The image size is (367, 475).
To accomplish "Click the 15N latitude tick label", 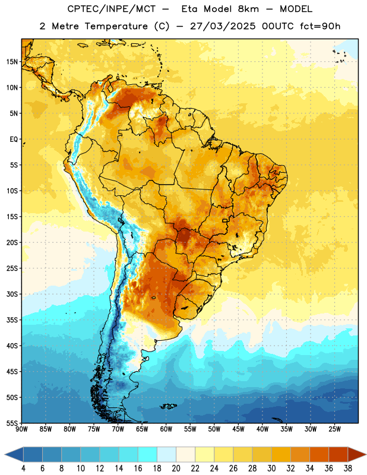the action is click(12, 62).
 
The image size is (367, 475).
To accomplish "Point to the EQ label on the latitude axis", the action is click(14, 140).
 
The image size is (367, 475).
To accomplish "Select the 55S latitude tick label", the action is click(12, 423).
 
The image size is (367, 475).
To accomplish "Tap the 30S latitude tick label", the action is click(12, 294).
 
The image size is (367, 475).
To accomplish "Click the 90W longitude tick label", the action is click(21, 429).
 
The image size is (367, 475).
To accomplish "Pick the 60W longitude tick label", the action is click(166, 429).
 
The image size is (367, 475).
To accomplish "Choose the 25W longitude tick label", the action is click(334, 429).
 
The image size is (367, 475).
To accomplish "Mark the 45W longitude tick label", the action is click(238, 429).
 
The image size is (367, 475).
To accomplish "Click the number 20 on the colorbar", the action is click(176, 468).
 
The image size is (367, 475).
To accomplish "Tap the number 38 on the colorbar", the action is click(348, 468).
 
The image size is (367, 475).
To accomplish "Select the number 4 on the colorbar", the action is click(23, 468).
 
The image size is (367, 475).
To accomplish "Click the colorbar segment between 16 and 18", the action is click(148, 454).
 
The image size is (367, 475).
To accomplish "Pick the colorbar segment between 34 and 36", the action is click(319, 454).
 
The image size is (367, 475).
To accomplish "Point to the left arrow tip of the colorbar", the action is click(5, 454).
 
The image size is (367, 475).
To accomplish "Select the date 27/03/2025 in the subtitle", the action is click(223, 26).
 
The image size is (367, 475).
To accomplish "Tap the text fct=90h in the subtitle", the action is click(320, 26).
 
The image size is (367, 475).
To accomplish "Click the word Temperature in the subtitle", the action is click(116, 26).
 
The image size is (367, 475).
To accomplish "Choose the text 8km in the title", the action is click(248, 9).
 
